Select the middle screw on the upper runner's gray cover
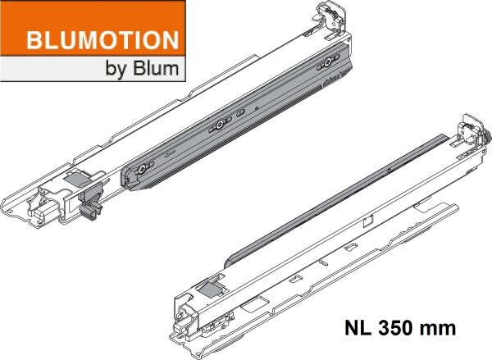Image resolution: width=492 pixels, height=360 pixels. coord(220,125)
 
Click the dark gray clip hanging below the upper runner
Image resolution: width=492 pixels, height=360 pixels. coord(89,210)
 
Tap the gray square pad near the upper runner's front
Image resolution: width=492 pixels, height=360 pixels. coord(78,175)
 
